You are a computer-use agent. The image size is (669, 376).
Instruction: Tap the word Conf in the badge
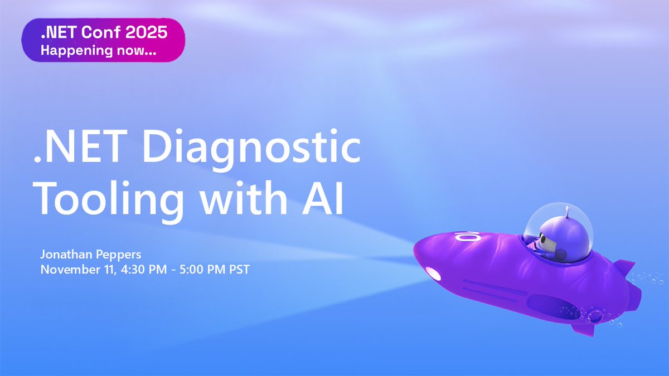click(99, 32)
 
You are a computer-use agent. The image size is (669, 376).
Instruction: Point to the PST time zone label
click(237, 270)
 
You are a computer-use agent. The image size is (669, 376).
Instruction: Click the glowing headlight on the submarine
click(432, 274)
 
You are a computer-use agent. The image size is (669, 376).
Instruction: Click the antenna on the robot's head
click(566, 212)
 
